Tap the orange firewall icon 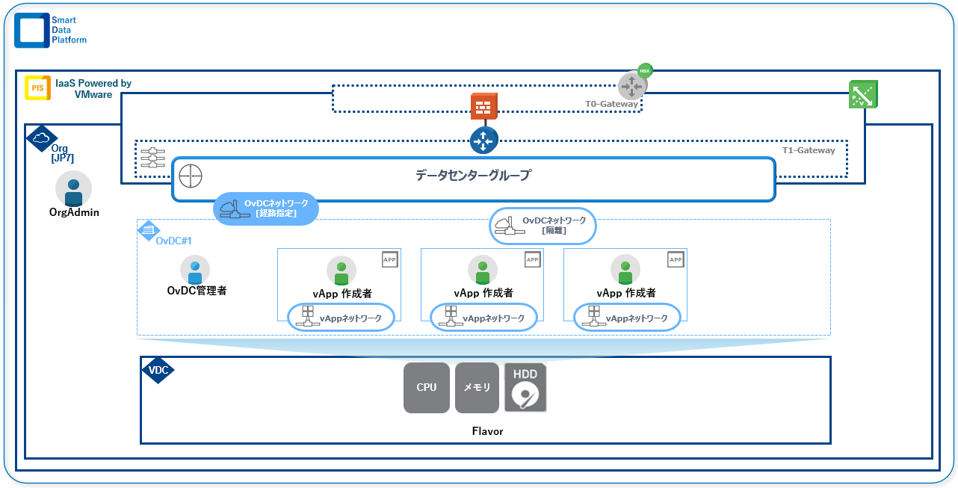(x=483, y=107)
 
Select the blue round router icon (x=483, y=140)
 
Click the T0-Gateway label (x=611, y=104)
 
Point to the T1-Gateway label (x=809, y=150)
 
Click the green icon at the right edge (x=863, y=94)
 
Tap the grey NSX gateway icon (x=632, y=85)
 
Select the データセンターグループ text (x=473, y=176)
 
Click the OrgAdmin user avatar (x=73, y=189)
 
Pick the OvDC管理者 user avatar (x=195, y=270)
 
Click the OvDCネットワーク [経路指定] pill (x=266, y=209)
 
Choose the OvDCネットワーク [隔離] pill (x=543, y=226)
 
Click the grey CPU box (x=427, y=388)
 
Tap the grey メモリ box (x=477, y=388)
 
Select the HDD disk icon (x=525, y=388)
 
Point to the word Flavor (x=487, y=431)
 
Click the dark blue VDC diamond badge (x=158, y=370)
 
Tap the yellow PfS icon (x=37, y=88)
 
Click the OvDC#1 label (x=174, y=240)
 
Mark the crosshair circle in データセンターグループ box (x=191, y=176)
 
